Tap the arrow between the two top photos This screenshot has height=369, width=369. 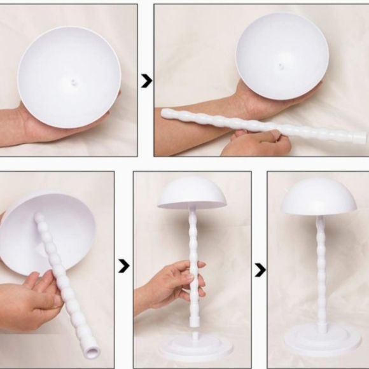point(146,81)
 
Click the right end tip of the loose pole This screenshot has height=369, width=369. point(363,137)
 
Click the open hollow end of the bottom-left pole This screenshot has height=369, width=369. point(91,351)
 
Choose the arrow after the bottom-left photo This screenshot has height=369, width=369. point(124,266)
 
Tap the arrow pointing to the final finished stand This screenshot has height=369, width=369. point(260,270)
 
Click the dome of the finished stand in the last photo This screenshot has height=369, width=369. point(318,197)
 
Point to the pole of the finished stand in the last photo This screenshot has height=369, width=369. point(321,274)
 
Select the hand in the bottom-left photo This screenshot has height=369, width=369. point(29,302)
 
